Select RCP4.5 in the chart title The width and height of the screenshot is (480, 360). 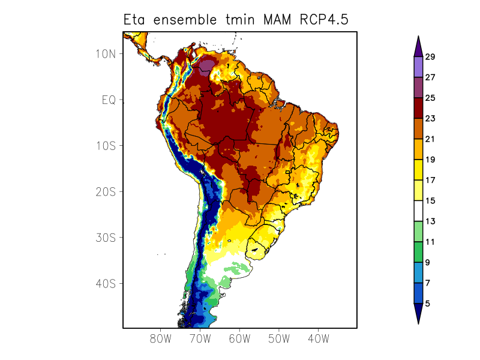coord(322,20)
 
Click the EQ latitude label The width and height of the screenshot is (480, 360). coord(109,100)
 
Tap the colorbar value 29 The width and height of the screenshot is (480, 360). coord(430,57)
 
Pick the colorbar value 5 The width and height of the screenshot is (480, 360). coord(428,304)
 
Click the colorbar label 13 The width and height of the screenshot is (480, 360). coord(430,221)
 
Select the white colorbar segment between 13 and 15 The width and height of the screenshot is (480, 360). coord(418,211)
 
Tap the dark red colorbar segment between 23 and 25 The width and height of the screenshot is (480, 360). coord(418,108)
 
